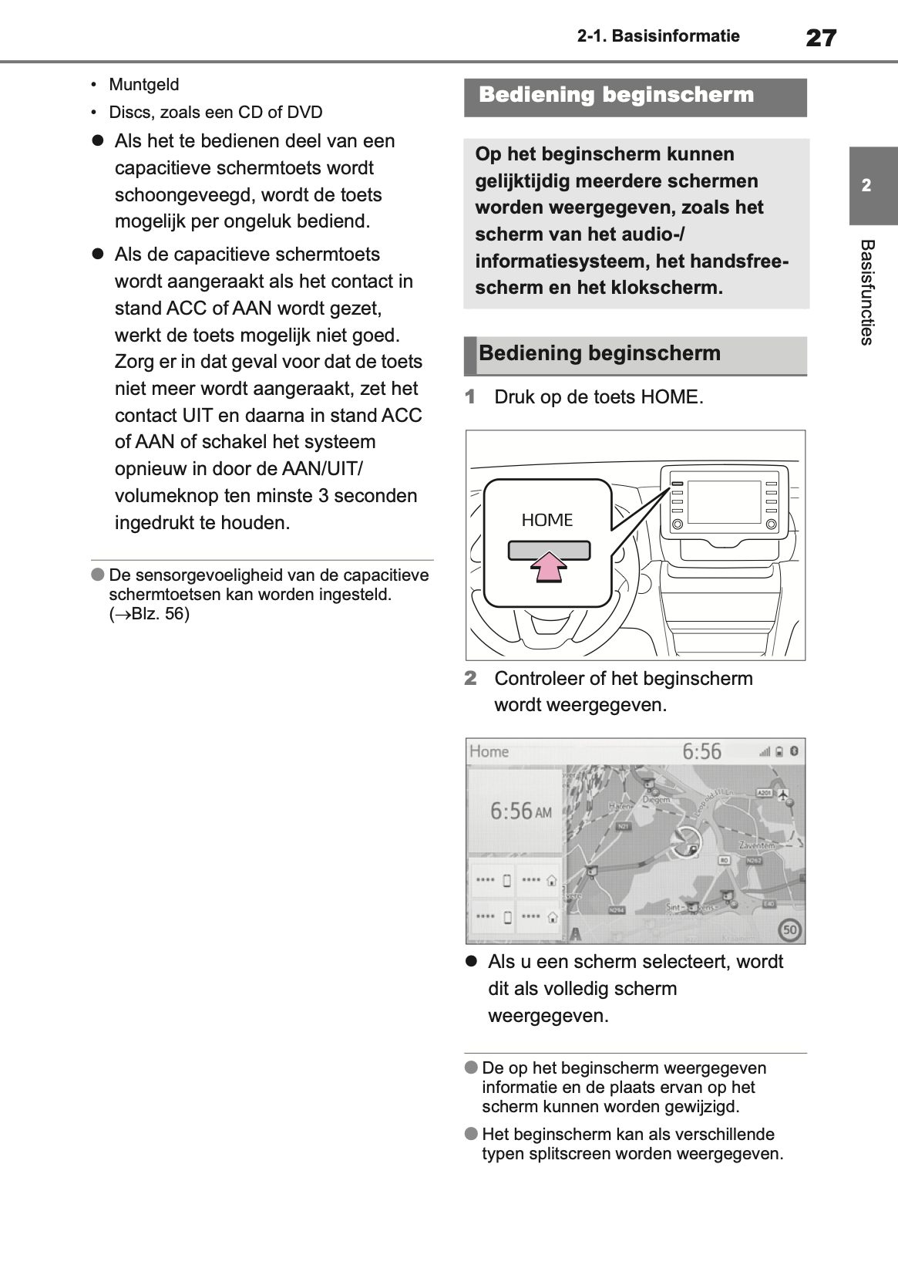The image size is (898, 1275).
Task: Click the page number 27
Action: point(821,37)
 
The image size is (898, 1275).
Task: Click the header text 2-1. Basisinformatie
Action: point(658,36)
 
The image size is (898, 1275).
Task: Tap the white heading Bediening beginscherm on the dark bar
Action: point(616,96)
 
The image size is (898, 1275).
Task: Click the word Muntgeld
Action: point(143,85)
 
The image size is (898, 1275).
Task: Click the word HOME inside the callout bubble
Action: point(547,521)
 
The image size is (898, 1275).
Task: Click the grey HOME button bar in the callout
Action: point(548,549)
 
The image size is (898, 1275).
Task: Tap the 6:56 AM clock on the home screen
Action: point(521,811)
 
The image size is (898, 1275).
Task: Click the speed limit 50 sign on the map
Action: point(789,929)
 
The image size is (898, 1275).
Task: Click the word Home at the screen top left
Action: point(489,751)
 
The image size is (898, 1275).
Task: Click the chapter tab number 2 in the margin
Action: point(866,186)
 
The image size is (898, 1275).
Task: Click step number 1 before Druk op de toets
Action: point(470,397)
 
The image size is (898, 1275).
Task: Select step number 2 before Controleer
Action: point(470,679)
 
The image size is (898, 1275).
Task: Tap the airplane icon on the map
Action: point(784,794)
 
